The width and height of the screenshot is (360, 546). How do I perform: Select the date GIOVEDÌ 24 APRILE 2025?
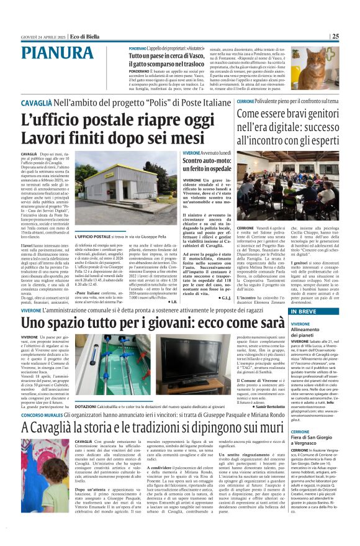pos(43,36)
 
